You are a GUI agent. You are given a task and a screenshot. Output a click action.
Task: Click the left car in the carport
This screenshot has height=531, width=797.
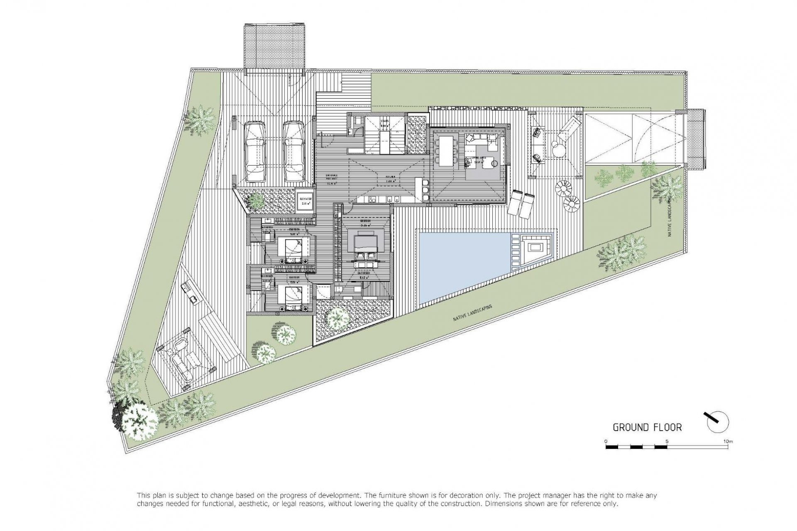[x=254, y=151]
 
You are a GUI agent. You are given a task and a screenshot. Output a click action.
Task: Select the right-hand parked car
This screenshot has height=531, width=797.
[x=294, y=151]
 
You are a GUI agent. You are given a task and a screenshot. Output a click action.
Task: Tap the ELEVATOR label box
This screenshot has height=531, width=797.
[x=305, y=201]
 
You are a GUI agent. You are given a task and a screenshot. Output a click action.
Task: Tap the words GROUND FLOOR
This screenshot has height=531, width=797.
[x=647, y=427]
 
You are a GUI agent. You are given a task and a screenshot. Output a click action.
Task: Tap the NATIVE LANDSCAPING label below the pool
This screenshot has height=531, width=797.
[x=472, y=314]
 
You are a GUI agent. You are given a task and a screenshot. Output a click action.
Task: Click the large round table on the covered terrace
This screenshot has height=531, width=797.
[x=558, y=149]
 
